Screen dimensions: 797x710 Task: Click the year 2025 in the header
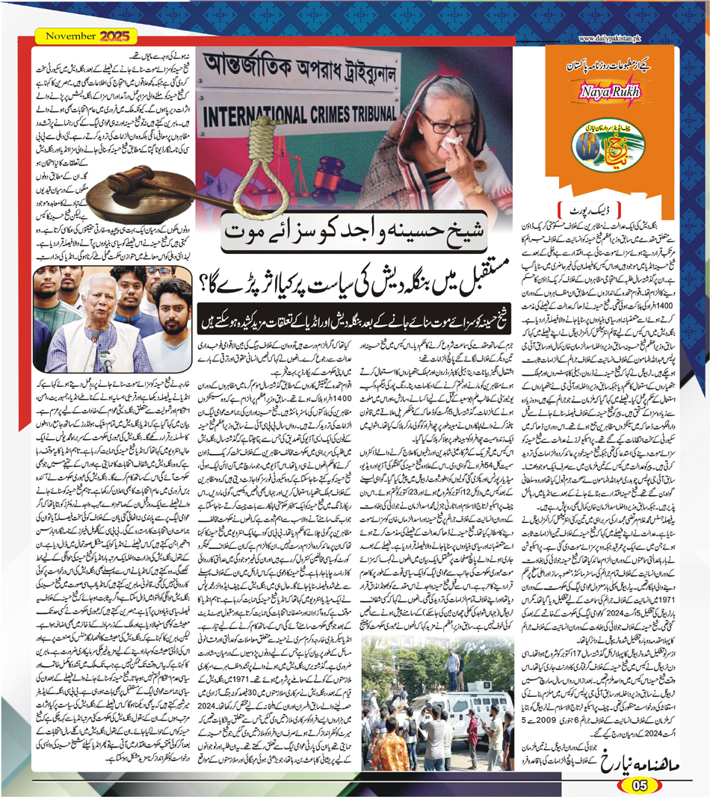click(x=116, y=35)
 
